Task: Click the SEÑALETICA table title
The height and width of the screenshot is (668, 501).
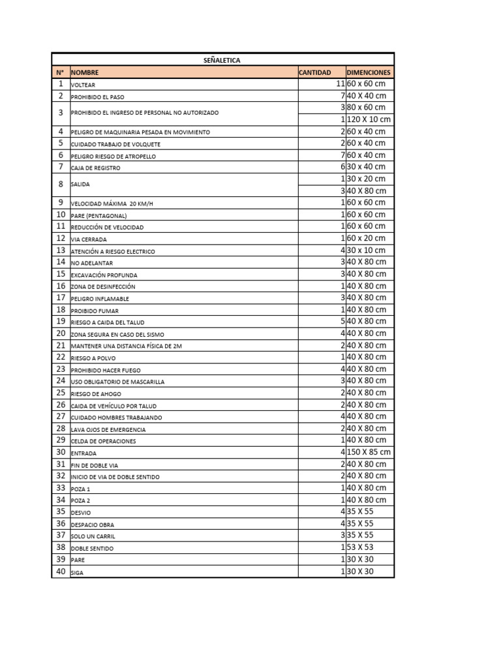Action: (222, 60)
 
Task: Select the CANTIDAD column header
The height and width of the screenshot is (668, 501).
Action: (315, 72)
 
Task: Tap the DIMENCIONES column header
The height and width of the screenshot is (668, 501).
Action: (369, 72)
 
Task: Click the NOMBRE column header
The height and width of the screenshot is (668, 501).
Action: (85, 72)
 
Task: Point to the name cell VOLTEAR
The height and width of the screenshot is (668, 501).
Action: (83, 85)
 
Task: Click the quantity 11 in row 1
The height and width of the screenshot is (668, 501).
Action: (340, 84)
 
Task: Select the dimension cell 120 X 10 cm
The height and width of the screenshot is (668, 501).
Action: (369, 119)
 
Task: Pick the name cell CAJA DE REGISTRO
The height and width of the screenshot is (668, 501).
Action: (95, 168)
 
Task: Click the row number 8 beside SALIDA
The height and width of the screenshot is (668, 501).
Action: (61, 185)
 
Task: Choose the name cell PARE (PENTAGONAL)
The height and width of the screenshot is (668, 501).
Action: (99, 216)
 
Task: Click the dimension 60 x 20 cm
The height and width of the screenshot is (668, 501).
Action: (366, 238)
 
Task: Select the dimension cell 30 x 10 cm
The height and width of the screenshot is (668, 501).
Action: (366, 250)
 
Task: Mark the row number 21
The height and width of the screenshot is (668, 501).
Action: (61, 345)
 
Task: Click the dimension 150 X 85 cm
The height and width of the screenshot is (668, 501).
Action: (369, 452)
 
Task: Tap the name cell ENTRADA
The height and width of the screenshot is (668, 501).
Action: (83, 453)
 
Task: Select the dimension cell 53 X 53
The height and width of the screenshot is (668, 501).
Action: (361, 547)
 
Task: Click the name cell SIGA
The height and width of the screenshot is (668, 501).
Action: (78, 573)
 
